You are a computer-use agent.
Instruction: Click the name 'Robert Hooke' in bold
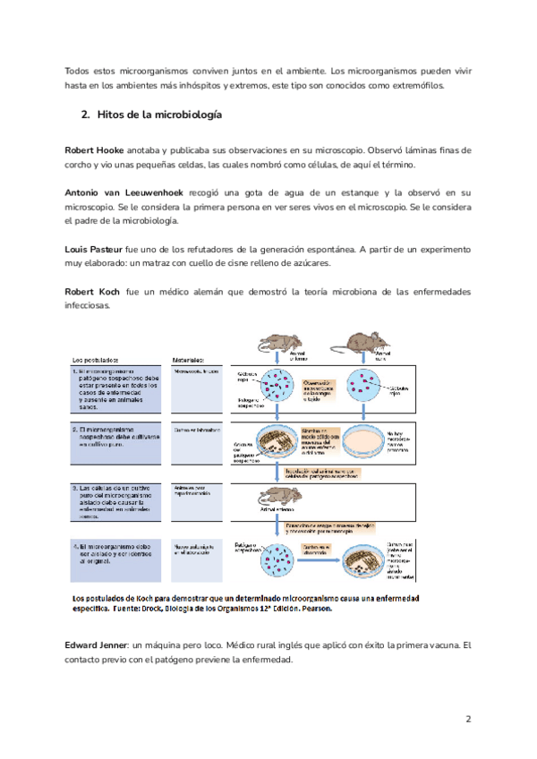click(95, 149)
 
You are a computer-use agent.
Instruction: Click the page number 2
click(468, 719)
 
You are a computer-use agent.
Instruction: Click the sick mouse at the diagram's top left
click(279, 343)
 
